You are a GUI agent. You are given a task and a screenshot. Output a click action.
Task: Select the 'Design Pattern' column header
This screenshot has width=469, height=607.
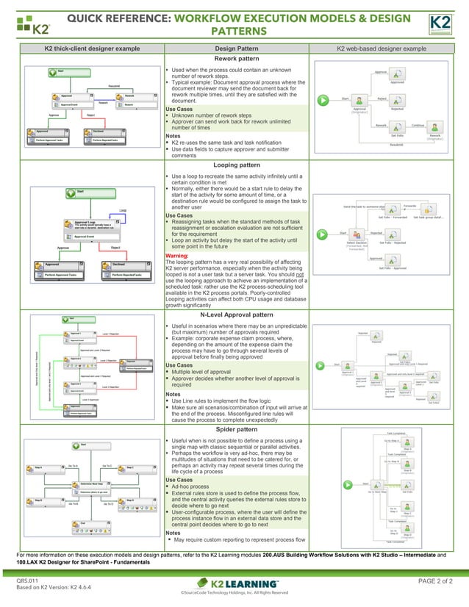(x=235, y=49)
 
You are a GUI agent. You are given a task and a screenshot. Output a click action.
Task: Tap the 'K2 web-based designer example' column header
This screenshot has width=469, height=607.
(x=381, y=49)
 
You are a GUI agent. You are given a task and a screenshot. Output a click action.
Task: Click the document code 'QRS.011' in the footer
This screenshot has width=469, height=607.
(x=27, y=581)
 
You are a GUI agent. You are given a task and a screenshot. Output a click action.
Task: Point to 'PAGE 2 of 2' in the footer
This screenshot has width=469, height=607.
(x=434, y=581)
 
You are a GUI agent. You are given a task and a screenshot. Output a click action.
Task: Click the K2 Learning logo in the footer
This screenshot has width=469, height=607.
(x=234, y=582)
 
